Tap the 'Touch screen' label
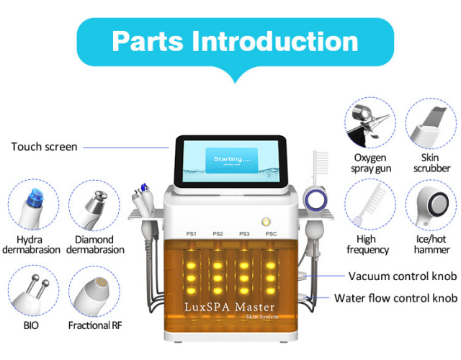click(x=44, y=147)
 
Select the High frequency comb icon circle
click(x=370, y=206)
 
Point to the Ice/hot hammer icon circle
click(x=431, y=206)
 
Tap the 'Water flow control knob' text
click(x=395, y=298)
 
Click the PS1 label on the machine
click(x=192, y=233)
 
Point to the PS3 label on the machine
click(x=244, y=233)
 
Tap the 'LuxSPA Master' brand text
click(x=230, y=307)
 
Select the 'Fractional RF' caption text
click(x=95, y=325)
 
